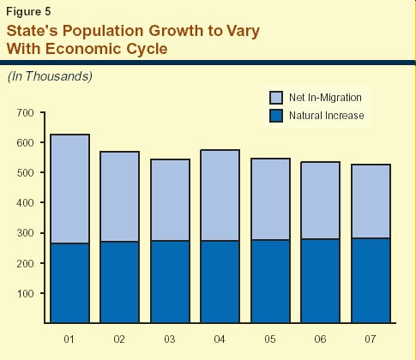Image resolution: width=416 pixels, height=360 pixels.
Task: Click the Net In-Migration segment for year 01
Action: [69, 189]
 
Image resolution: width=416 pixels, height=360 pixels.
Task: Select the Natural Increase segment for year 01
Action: [69, 283]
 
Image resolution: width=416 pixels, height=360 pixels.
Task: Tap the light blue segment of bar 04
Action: [220, 195]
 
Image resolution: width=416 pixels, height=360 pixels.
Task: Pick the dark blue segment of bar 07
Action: [371, 280]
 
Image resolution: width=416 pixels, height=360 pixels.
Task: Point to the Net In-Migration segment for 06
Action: [321, 201]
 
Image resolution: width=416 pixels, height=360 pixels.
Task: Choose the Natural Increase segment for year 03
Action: [170, 282]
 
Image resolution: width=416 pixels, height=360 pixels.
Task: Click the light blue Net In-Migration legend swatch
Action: [276, 98]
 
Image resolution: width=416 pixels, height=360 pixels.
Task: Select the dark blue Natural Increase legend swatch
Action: [276, 116]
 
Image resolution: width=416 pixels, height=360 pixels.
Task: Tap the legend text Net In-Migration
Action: [325, 98]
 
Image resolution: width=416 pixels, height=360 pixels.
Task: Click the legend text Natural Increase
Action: [327, 116]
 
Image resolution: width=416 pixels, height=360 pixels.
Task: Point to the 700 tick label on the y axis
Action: [25, 113]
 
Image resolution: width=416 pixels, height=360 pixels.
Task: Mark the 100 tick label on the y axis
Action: [25, 293]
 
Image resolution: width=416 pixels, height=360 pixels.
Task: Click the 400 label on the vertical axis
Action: [25, 203]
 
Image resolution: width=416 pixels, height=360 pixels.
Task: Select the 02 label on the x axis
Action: [119, 339]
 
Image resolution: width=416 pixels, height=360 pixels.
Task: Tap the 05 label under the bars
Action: [270, 339]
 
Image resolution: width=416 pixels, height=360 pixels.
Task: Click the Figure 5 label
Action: [28, 12]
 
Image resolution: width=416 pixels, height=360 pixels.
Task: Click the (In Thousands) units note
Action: [50, 76]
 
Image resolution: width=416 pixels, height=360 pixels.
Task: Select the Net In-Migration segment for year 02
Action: [120, 196]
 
